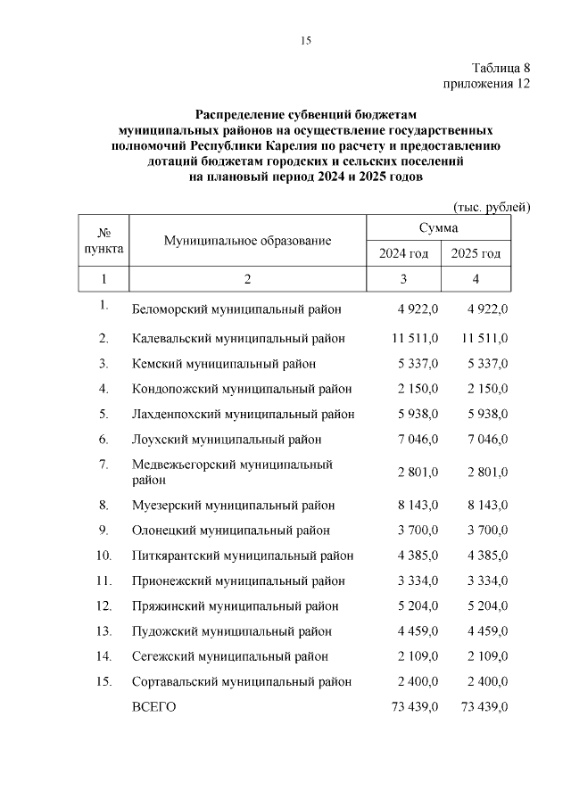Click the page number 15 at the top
[304, 40]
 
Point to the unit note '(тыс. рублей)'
[492, 208]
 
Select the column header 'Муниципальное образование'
[247, 241]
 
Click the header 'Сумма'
[439, 229]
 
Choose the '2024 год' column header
[403, 254]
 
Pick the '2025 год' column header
[476, 254]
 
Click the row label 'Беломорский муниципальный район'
[236, 309]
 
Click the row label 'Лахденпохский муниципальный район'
[243, 415]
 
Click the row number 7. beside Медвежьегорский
[103, 465]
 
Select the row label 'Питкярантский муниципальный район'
[243, 556]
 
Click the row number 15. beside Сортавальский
[103, 681]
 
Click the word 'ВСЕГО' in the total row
[154, 707]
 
